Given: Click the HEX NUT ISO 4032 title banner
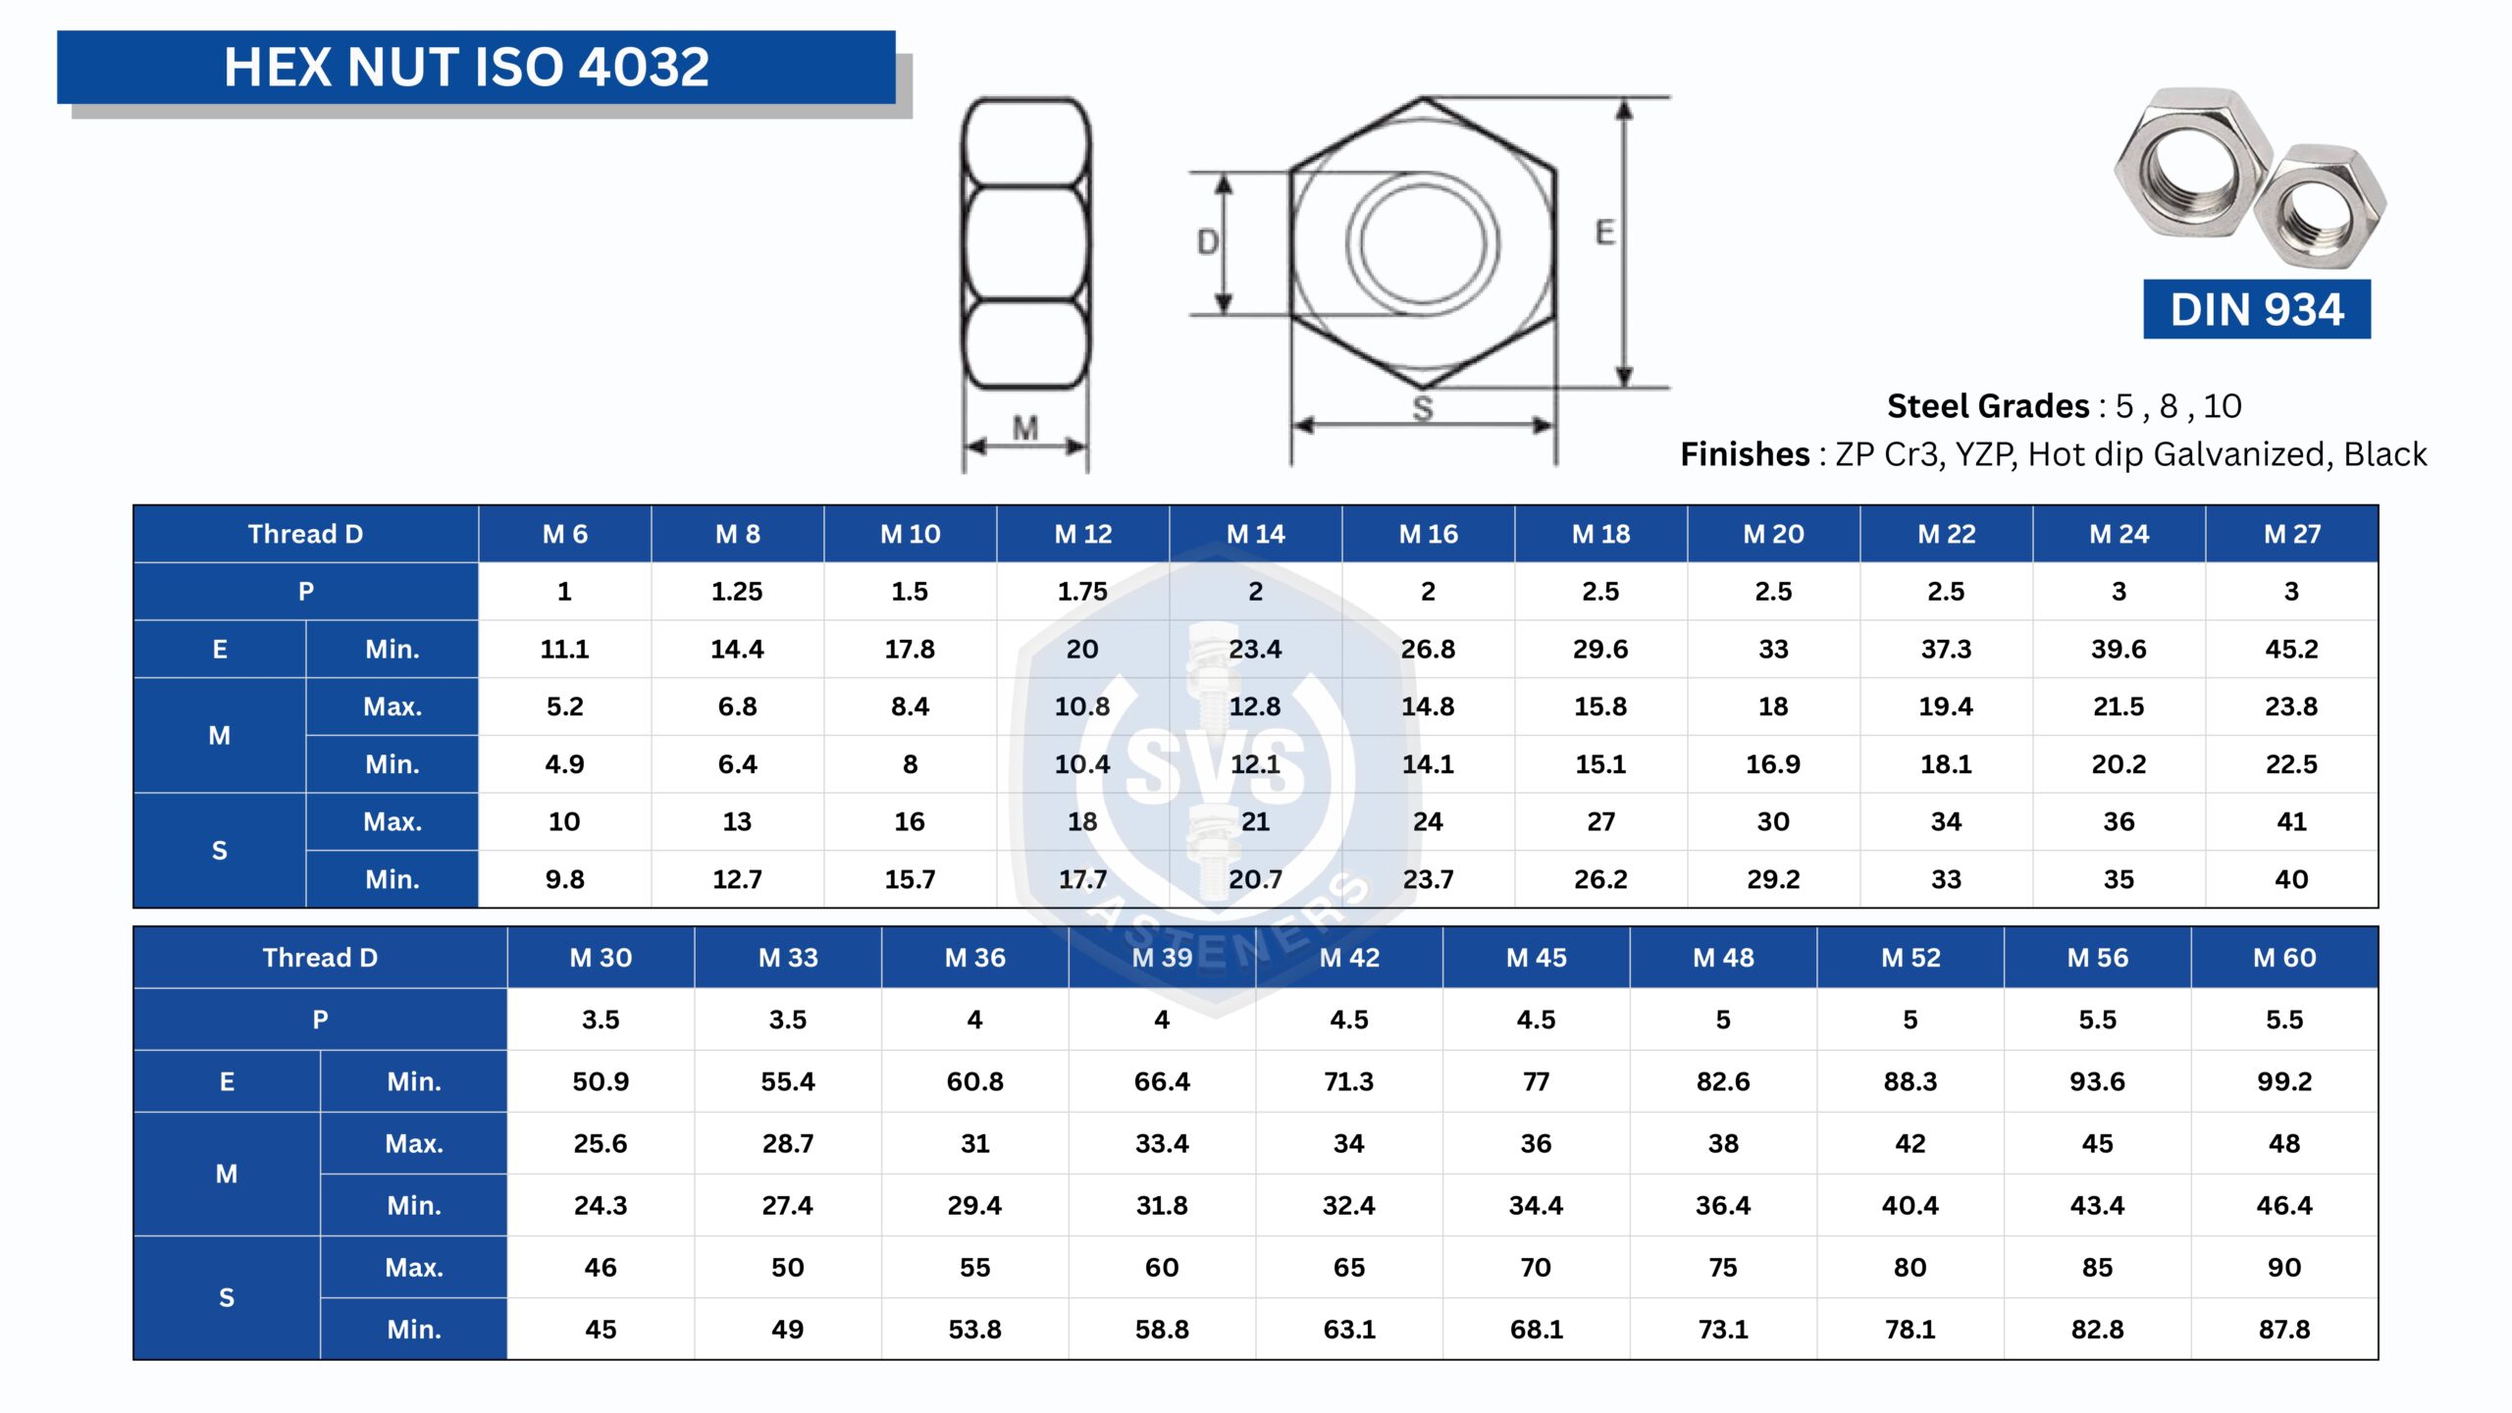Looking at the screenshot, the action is pos(476,67).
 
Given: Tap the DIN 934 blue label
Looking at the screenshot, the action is pos(2256,309).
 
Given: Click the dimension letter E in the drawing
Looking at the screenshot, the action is pos(1604,233).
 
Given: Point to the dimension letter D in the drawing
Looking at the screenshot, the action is pos(1208,241).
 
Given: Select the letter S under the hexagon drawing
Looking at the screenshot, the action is pos(1423,408).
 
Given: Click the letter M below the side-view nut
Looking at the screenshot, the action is pos(1025,428).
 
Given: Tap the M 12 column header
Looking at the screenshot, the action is pos(1083,534).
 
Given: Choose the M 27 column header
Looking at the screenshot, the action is pos(2292,534).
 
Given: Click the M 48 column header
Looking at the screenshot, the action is pos(1723,958).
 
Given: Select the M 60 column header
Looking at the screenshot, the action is pos(2284,958).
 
